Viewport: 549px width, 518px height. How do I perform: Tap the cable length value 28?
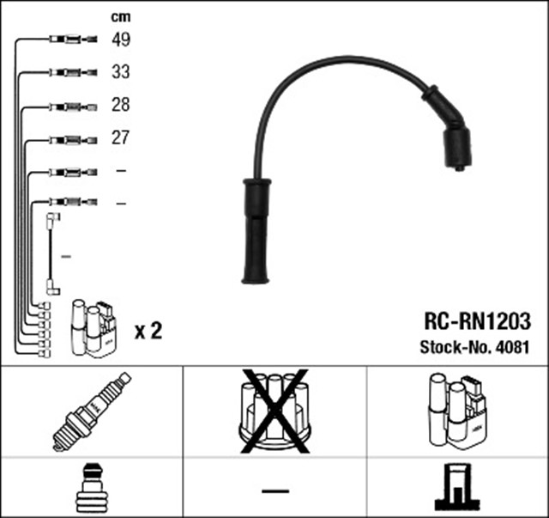click(120, 105)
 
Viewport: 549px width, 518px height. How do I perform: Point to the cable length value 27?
click(120, 137)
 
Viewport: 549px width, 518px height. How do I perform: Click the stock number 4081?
click(515, 349)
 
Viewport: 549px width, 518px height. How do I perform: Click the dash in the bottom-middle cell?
click(274, 491)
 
